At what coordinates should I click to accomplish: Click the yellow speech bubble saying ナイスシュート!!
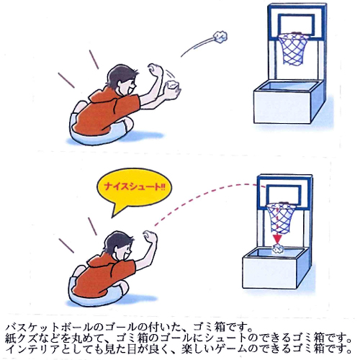click(134, 189)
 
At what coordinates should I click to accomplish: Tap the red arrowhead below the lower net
click(277, 238)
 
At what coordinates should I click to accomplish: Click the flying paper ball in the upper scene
click(220, 37)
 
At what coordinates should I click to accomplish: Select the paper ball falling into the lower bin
click(278, 249)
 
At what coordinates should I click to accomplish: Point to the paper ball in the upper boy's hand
click(172, 85)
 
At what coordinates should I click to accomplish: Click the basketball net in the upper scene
click(292, 49)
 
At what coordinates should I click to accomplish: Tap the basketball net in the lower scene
click(280, 218)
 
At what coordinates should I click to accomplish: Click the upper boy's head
click(122, 81)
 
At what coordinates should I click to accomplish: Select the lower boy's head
click(119, 246)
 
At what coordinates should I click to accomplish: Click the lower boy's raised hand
click(150, 237)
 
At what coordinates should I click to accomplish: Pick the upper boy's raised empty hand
click(155, 70)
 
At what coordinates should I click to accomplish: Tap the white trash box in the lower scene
click(275, 269)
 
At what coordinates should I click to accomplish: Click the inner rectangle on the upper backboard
click(297, 24)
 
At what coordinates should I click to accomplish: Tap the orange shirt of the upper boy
click(107, 110)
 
